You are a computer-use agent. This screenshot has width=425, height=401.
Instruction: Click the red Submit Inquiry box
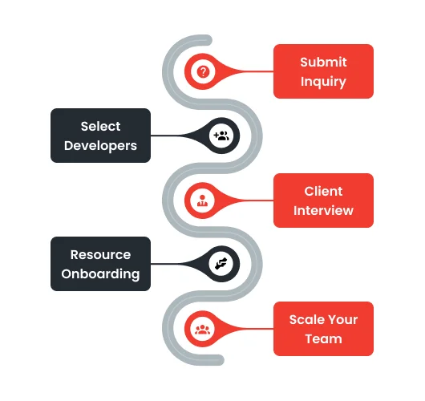click(x=323, y=71)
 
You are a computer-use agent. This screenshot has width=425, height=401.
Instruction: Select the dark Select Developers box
click(x=100, y=136)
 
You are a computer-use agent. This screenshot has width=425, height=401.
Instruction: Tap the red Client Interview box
click(x=323, y=200)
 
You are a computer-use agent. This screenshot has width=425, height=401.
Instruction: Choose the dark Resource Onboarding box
click(x=100, y=264)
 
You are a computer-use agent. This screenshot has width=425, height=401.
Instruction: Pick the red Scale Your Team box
click(x=323, y=329)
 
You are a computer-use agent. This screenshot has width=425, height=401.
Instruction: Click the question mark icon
click(x=203, y=71)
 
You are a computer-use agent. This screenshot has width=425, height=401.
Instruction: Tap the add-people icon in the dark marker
click(x=221, y=136)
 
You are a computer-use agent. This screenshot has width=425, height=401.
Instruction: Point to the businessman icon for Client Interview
click(x=203, y=200)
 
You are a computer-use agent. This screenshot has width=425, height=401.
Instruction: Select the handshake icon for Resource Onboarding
click(x=221, y=264)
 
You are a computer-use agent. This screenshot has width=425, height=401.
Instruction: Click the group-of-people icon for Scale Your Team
click(x=203, y=328)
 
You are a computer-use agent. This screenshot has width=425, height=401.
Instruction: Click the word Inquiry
click(x=323, y=81)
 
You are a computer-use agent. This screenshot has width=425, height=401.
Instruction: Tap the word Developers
click(x=100, y=146)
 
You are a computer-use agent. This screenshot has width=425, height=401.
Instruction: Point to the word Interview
click(x=323, y=210)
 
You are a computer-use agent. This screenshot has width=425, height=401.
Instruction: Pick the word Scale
click(x=306, y=319)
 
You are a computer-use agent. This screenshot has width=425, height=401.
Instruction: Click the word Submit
click(x=323, y=62)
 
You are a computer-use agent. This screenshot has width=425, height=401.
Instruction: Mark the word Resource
click(x=100, y=254)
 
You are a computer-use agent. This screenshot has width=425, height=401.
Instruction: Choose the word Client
click(x=323, y=191)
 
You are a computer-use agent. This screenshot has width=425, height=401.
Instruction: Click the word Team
click(x=323, y=338)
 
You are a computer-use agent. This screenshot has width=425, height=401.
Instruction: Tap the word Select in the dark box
click(x=100, y=126)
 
